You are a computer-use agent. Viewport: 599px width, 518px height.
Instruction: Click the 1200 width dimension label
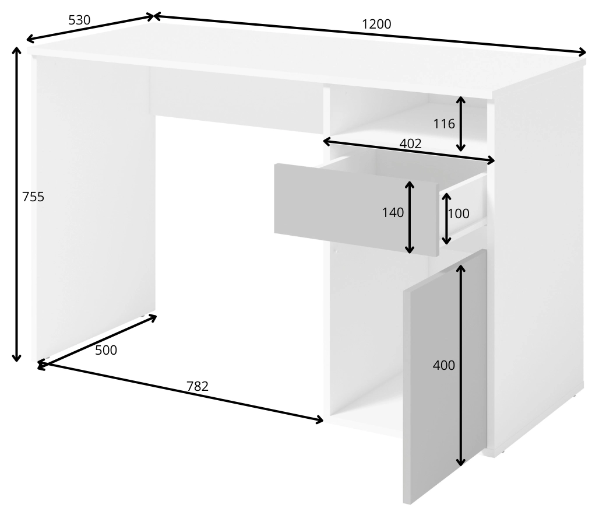[376, 24]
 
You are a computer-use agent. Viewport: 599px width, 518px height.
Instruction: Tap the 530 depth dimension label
[79, 20]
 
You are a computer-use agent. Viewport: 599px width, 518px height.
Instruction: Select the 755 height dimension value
[33, 197]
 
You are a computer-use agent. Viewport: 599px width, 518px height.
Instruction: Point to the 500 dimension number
[106, 350]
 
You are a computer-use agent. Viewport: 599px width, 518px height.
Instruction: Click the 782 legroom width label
[198, 386]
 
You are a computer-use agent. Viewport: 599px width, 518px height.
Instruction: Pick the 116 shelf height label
[444, 124]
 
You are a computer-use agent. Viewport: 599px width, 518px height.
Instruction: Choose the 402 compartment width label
[411, 143]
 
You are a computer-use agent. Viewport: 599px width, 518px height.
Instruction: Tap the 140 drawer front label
[393, 212]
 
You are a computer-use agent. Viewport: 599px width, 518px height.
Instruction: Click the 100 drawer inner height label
[459, 213]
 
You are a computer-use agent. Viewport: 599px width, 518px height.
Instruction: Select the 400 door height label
[443, 365]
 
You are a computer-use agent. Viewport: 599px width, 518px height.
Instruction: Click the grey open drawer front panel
[356, 209]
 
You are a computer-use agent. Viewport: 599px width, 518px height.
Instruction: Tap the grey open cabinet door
[445, 377]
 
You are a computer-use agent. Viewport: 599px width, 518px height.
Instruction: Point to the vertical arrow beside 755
[16, 204]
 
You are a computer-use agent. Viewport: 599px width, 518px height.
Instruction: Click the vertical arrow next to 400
[461, 365]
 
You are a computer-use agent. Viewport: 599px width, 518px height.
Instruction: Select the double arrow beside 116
[461, 124]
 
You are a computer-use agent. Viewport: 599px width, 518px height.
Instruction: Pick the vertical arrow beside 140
[410, 218]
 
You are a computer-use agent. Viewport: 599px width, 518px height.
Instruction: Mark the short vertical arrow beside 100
[446, 218]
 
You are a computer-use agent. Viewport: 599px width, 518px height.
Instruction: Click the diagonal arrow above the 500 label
[97, 342]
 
